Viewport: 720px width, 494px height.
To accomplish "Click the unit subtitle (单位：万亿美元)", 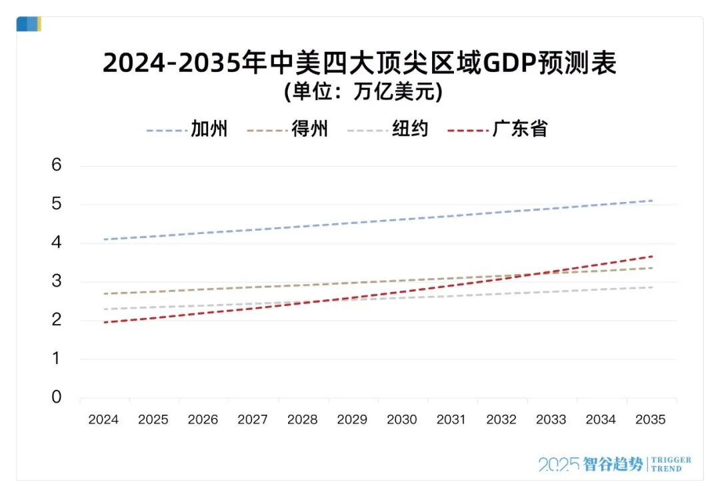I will tap(363, 91).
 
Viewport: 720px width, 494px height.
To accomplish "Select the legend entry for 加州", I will tap(209, 129).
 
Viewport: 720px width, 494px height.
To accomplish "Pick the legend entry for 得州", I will tap(309, 129).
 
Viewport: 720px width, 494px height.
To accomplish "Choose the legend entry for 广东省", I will tap(520, 129).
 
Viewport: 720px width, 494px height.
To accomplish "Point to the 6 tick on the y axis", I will tap(57, 165).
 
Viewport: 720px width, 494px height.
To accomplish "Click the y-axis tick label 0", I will tap(57, 397).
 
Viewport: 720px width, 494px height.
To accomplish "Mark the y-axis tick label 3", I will tap(57, 281).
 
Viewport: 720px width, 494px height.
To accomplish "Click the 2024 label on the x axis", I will tap(103, 419).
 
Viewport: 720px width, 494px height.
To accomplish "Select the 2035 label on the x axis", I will tap(651, 419).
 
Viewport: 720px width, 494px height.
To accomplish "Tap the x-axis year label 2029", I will tap(352, 419).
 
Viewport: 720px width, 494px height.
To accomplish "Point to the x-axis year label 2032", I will tap(501, 419).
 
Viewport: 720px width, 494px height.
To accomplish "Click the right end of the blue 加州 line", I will tap(652, 200).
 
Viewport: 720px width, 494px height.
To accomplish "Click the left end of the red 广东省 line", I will tap(104, 323).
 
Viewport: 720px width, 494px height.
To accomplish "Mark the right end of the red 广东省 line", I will tap(652, 256).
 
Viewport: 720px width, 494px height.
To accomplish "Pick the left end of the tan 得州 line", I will tap(104, 293).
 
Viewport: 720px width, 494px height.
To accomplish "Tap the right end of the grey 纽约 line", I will tap(652, 287).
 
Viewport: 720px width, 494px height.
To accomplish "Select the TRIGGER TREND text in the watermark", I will tap(671, 464).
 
